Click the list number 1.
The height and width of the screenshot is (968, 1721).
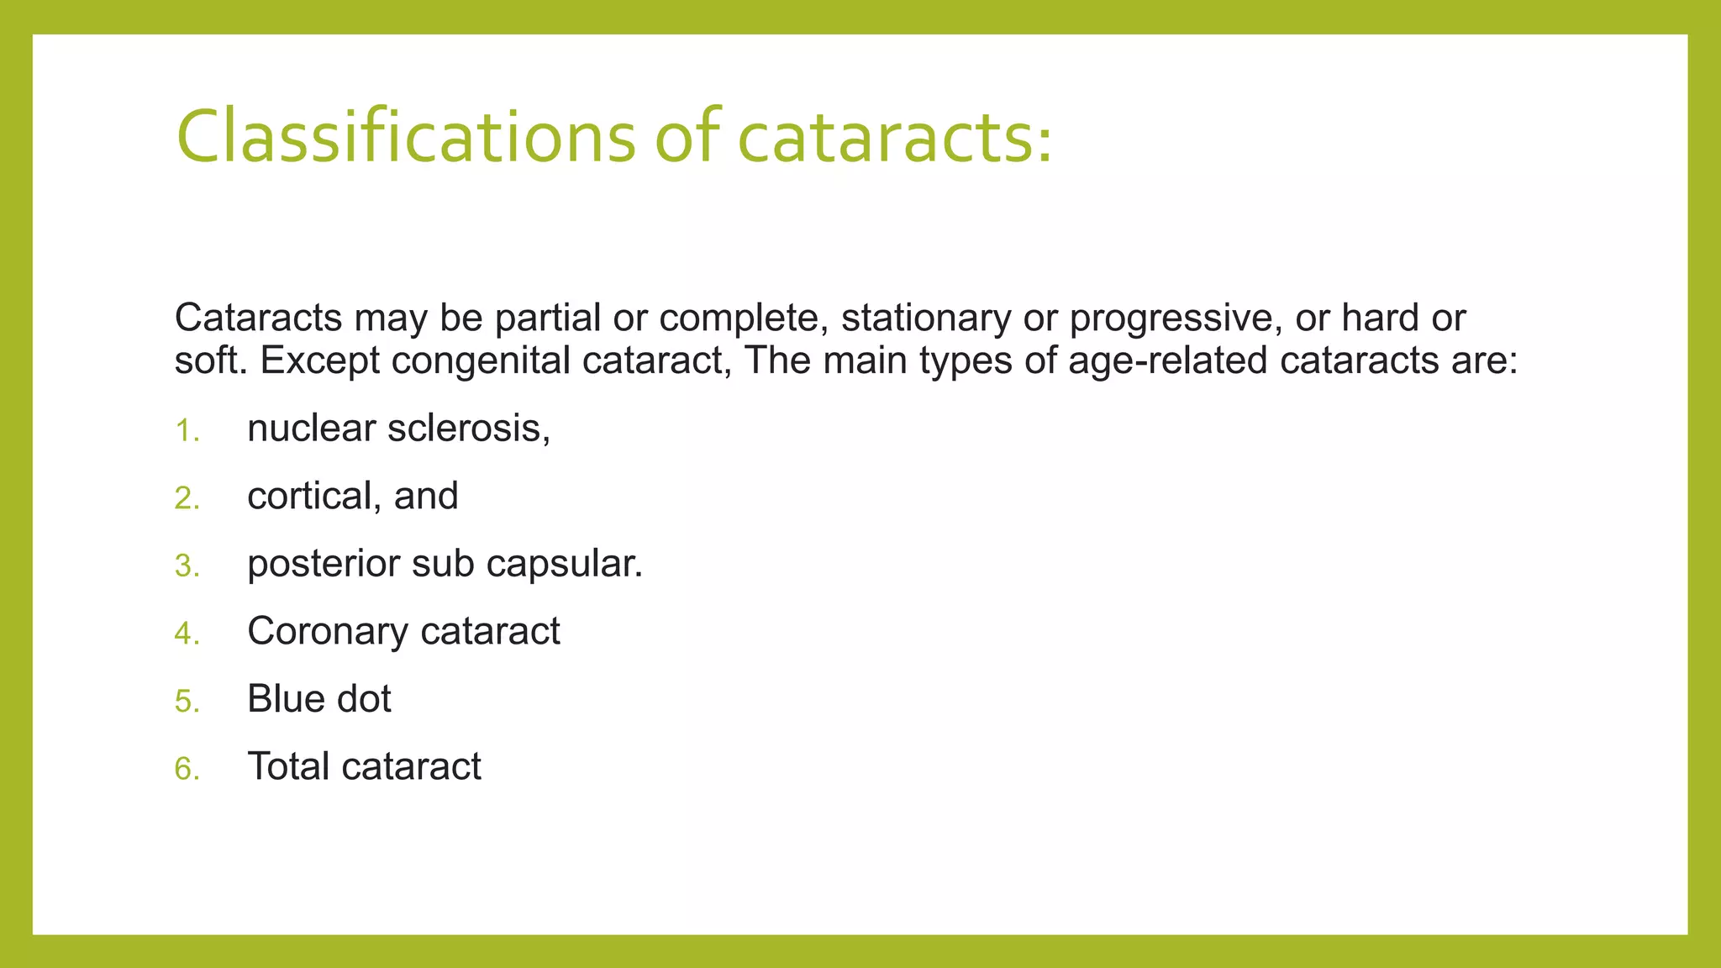pos(186,431)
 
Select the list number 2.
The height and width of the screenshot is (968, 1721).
pos(187,498)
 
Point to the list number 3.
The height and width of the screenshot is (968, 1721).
pos(187,566)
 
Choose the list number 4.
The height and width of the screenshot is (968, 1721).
pos(187,634)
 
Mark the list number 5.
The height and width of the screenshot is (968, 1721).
pos(187,701)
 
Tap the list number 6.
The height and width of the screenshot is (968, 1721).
pos(187,768)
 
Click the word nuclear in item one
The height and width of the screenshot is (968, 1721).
pos(310,429)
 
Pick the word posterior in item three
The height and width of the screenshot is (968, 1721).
pos(323,565)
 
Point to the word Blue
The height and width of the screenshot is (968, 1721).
pos(281,698)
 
